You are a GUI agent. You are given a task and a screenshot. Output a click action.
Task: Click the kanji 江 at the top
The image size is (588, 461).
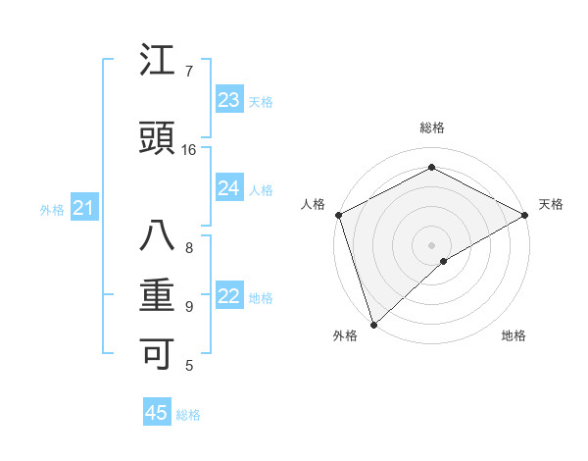(158, 62)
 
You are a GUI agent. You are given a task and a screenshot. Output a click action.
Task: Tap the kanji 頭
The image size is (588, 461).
(158, 140)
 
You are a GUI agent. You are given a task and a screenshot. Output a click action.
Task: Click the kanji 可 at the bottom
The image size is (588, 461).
(158, 354)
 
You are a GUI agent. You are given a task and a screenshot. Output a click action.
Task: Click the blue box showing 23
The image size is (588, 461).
(229, 99)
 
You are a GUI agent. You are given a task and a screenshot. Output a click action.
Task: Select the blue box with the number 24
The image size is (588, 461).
(229, 188)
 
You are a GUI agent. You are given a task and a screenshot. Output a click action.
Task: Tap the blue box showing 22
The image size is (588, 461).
(229, 296)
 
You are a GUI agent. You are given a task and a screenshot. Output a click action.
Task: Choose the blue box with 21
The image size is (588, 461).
(84, 207)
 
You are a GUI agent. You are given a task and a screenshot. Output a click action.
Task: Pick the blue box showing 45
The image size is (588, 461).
(157, 413)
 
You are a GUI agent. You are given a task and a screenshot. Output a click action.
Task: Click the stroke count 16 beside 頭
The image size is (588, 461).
(189, 150)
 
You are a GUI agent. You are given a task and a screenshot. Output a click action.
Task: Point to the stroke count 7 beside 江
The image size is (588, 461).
(189, 72)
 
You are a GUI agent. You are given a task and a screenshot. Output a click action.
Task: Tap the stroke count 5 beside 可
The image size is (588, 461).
(189, 366)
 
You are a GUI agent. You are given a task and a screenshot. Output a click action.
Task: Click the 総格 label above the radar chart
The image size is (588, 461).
(432, 128)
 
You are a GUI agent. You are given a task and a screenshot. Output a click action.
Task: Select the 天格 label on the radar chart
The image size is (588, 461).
(552, 204)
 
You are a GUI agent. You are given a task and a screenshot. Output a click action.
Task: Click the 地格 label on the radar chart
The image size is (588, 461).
(514, 336)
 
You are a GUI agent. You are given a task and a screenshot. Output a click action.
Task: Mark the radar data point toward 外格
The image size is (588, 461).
(372, 325)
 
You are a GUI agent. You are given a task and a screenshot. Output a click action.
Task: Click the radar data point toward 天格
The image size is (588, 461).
(525, 215)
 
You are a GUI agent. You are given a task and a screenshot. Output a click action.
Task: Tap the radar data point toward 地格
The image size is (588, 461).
(444, 261)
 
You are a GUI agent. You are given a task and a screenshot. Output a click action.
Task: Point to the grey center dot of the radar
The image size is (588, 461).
(431, 244)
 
